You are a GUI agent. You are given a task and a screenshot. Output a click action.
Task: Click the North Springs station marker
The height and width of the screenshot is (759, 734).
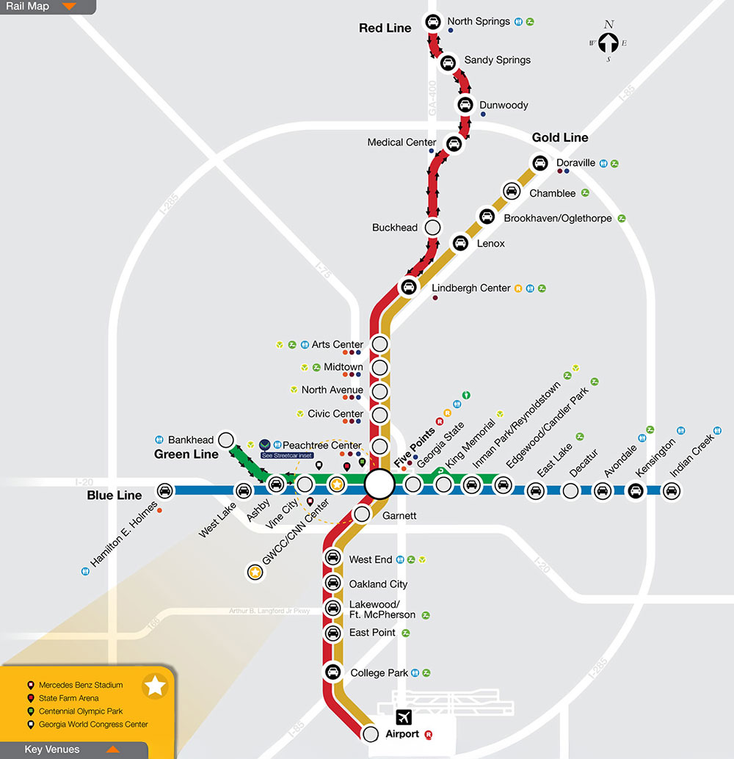point(433,22)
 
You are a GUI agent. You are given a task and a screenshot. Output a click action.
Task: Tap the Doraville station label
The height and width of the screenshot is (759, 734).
point(575,162)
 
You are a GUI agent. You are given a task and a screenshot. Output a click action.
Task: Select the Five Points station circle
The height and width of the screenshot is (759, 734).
point(379,484)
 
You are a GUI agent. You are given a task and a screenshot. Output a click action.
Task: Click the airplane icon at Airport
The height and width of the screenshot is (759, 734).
point(404,717)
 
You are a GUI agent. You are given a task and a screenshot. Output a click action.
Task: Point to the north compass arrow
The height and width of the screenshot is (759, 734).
point(608,43)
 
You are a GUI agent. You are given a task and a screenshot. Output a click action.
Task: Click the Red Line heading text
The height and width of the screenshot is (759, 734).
point(385,28)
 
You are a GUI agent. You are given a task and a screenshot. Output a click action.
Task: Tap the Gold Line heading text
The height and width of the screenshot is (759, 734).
point(560,137)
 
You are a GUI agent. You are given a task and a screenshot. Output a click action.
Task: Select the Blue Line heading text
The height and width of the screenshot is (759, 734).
point(115,495)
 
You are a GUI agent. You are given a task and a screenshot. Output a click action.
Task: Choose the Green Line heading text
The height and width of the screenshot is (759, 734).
point(186,454)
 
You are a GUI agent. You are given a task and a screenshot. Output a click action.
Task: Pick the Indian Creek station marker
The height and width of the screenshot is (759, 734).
point(670,491)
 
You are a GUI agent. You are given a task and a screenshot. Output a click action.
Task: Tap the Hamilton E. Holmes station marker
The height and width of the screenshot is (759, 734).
point(166,491)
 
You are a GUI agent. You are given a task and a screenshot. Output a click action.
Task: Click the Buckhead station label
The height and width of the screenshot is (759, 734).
point(394,228)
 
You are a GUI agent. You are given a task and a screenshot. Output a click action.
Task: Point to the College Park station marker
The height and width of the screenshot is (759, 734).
point(333,672)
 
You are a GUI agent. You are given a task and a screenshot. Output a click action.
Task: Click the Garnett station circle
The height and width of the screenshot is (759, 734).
point(361,514)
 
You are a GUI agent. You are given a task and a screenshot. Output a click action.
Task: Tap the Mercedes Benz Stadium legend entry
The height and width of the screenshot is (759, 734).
point(81,685)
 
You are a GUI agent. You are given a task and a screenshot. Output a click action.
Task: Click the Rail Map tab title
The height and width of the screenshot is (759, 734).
point(28,7)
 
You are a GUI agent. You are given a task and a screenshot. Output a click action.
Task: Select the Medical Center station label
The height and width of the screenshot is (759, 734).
point(401,142)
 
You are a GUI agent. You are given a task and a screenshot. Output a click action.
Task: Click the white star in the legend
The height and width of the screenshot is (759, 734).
point(156,686)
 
